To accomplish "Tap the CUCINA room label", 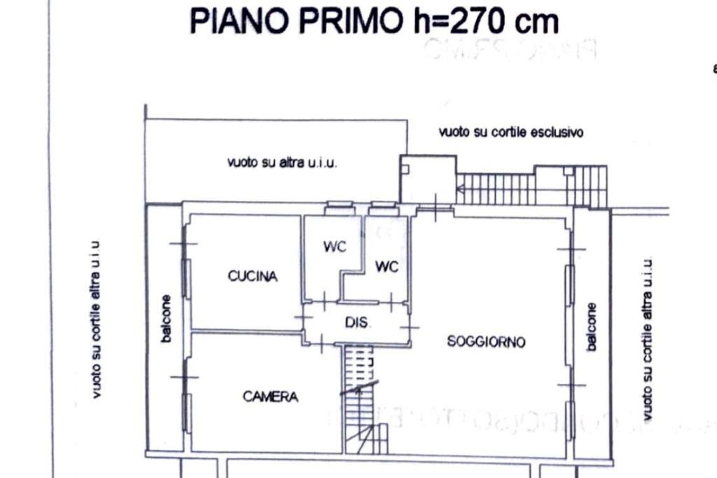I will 252,276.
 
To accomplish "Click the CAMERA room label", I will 270,397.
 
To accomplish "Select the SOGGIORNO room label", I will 486,341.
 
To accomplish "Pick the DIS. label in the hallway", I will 358,323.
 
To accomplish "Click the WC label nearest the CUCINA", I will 334,247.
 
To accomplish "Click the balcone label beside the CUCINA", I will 166,318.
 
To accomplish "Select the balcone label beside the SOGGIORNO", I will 592,327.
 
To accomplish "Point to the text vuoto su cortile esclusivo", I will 511,132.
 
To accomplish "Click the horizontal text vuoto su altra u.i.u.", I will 282,162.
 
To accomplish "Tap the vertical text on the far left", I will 96,320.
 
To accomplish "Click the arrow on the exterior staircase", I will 462,187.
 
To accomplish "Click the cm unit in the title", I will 537,21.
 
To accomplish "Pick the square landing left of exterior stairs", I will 428,179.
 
